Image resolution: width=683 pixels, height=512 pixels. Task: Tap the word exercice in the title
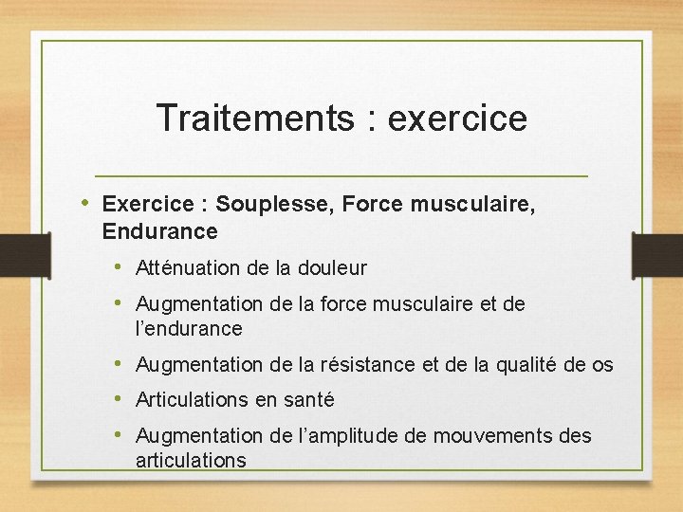(458, 119)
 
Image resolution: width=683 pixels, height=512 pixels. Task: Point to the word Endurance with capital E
(159, 231)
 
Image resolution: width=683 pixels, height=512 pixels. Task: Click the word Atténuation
(188, 268)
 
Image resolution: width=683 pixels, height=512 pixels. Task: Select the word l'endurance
(189, 329)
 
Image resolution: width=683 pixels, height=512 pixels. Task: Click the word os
(602, 365)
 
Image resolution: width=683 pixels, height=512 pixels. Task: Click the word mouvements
(493, 436)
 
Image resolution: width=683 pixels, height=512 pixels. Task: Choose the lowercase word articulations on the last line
(191, 461)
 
